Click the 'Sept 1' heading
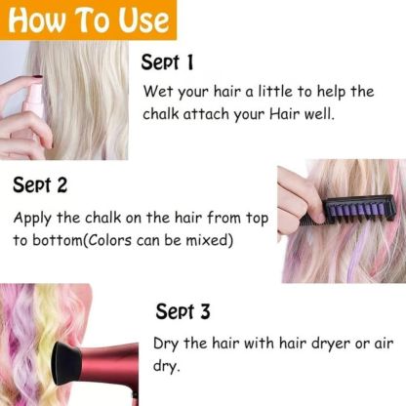(x=168, y=63)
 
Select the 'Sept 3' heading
(x=183, y=311)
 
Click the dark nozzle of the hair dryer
(x=27, y=374)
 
